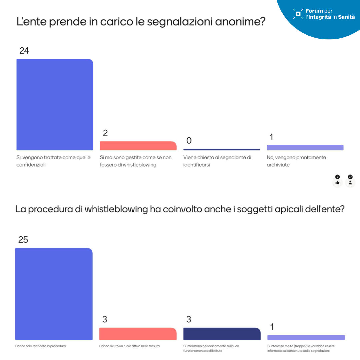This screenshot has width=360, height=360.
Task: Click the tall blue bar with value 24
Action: (55, 104)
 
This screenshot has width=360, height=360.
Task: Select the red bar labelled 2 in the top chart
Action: (138, 146)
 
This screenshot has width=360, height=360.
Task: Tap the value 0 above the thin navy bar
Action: (189, 141)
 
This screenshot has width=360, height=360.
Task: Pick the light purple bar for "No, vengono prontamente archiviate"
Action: (305, 148)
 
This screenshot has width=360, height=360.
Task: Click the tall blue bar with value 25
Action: (54, 294)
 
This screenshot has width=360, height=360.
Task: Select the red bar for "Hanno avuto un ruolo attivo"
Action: (138, 334)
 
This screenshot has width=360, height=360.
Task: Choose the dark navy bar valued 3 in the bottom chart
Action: (222, 334)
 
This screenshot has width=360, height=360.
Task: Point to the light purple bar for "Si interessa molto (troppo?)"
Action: (306, 337)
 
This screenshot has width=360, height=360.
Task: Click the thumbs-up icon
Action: (337, 182)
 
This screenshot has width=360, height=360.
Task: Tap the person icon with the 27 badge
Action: (350, 182)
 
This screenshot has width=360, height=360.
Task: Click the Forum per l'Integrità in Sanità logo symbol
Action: (298, 14)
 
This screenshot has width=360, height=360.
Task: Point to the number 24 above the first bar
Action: (24, 51)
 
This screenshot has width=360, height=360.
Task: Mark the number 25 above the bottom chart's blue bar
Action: (23, 240)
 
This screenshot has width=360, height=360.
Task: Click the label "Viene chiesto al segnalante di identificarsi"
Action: (217, 161)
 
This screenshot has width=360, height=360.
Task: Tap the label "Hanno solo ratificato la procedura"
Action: (41, 346)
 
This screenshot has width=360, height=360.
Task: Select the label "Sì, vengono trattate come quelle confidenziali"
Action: (53, 161)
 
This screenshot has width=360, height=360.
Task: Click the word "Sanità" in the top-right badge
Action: (346, 17)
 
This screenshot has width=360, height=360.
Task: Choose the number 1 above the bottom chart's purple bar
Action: (272, 327)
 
